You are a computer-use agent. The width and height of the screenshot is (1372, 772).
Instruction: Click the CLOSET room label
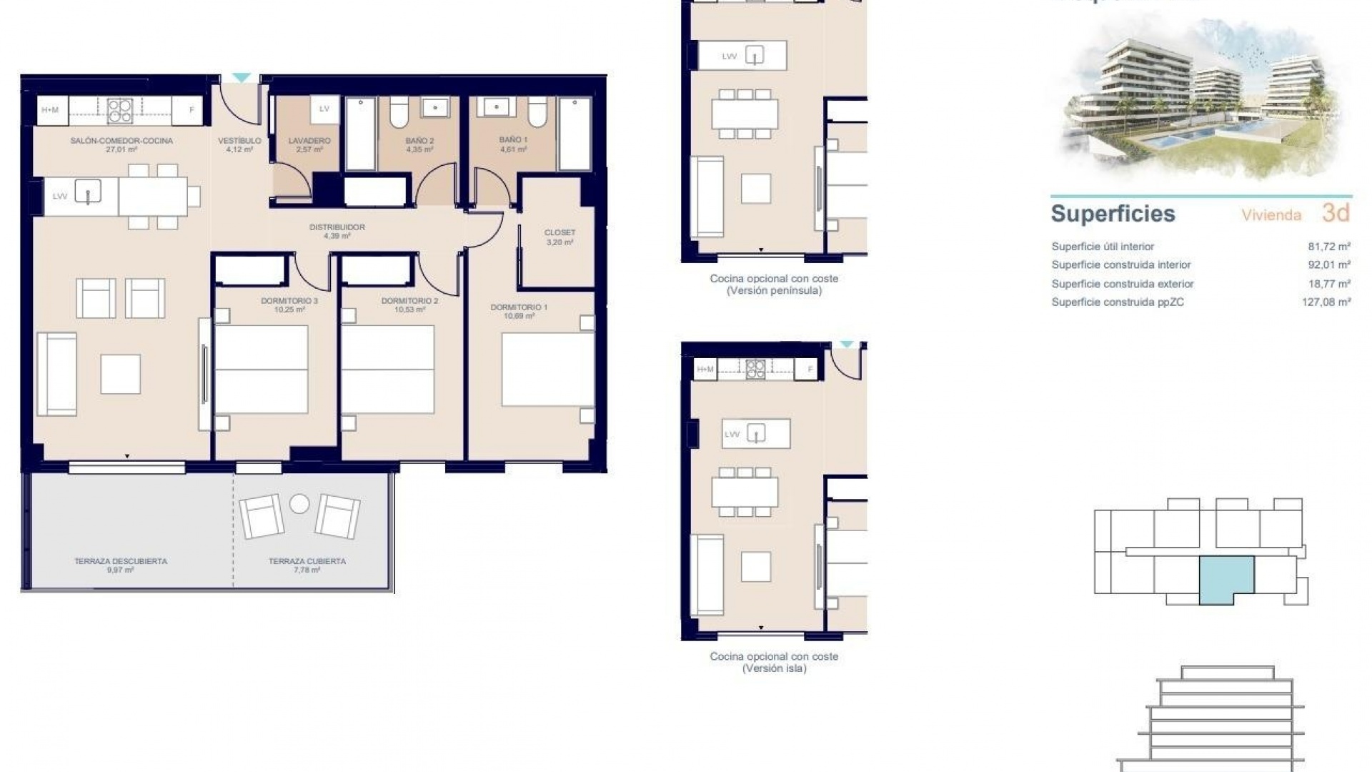(560, 233)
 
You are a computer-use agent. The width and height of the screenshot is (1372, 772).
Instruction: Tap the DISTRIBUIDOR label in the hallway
(337, 227)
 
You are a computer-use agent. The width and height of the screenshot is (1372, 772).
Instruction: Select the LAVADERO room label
(309, 142)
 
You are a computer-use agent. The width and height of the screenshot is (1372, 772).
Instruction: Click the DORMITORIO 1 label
(519, 307)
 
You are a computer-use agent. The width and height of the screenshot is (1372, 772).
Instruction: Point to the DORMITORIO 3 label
(289, 302)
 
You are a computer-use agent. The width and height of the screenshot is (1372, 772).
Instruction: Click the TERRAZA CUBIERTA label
(307, 562)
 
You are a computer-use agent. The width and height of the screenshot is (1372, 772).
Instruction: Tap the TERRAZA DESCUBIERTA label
(121, 562)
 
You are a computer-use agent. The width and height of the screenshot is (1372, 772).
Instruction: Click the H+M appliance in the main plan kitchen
(50, 110)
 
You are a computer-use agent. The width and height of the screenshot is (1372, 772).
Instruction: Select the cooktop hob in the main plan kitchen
(119, 111)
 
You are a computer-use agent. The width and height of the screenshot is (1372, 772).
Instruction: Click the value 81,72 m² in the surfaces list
(1328, 247)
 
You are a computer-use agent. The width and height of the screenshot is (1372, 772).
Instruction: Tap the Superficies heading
(1113, 214)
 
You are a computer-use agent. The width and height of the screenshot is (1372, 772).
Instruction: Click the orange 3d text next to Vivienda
(1335, 213)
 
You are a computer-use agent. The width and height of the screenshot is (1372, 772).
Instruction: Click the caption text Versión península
(774, 291)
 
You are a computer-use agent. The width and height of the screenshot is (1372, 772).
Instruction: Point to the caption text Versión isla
(774, 668)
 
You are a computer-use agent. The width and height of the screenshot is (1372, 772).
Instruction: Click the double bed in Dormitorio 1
(547, 370)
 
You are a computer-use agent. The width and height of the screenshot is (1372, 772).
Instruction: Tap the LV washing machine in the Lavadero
(324, 109)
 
